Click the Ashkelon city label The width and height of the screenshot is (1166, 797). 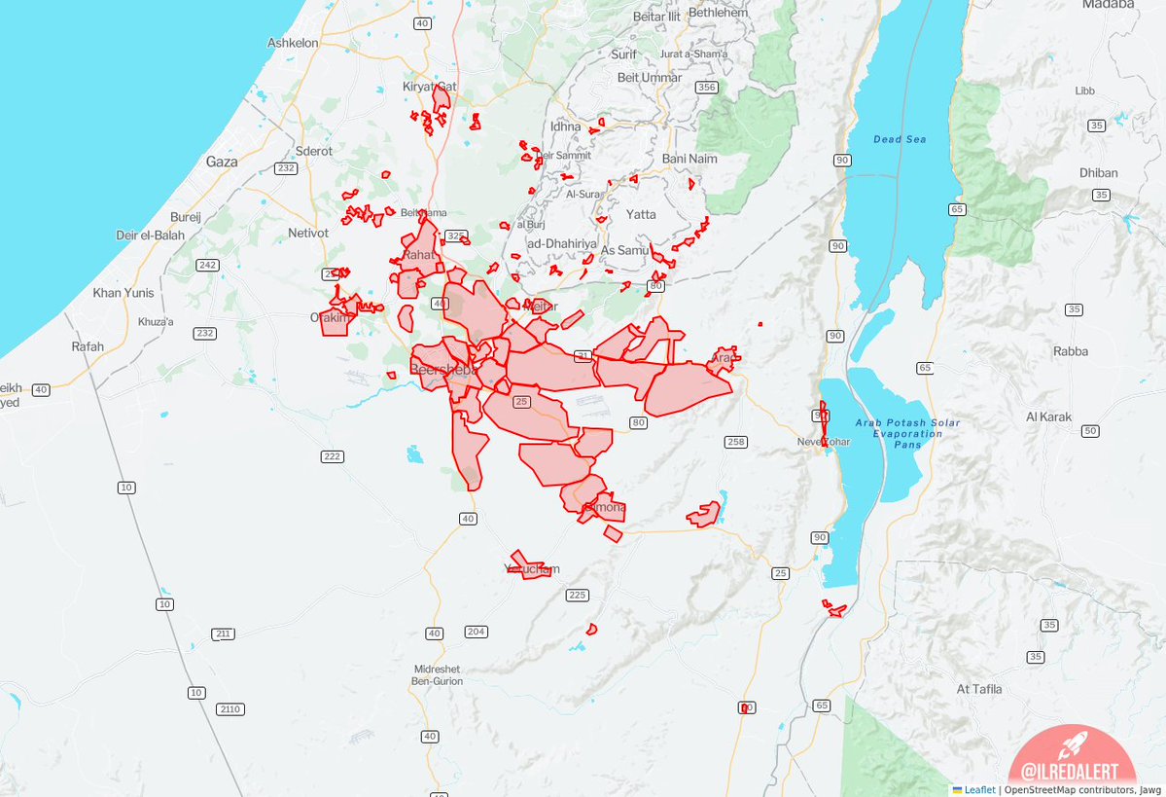click(x=293, y=44)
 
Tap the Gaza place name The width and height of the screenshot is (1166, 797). click(x=222, y=163)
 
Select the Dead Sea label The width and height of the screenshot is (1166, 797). click(x=900, y=139)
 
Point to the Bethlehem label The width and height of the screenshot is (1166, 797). click(x=718, y=14)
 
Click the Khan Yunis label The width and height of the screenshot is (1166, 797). click(x=124, y=293)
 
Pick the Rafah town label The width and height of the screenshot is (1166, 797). click(x=88, y=346)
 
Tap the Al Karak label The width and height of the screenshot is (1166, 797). click(x=1048, y=417)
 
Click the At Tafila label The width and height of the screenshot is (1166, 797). click(x=979, y=689)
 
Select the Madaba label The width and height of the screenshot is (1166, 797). click(x=1087, y=5)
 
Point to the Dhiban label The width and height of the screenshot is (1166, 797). click(x=1099, y=173)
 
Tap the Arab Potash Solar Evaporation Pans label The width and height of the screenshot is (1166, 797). click(x=894, y=434)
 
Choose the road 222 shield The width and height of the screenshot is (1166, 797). click(x=333, y=456)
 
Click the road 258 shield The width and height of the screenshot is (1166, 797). click(x=735, y=442)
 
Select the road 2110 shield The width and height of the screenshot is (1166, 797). click(x=230, y=708)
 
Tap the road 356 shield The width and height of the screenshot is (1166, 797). click(x=706, y=88)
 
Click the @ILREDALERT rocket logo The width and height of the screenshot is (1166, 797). click(x=1072, y=759)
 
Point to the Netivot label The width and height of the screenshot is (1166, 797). click(x=308, y=234)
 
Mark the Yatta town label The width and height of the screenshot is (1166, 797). click(x=641, y=214)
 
